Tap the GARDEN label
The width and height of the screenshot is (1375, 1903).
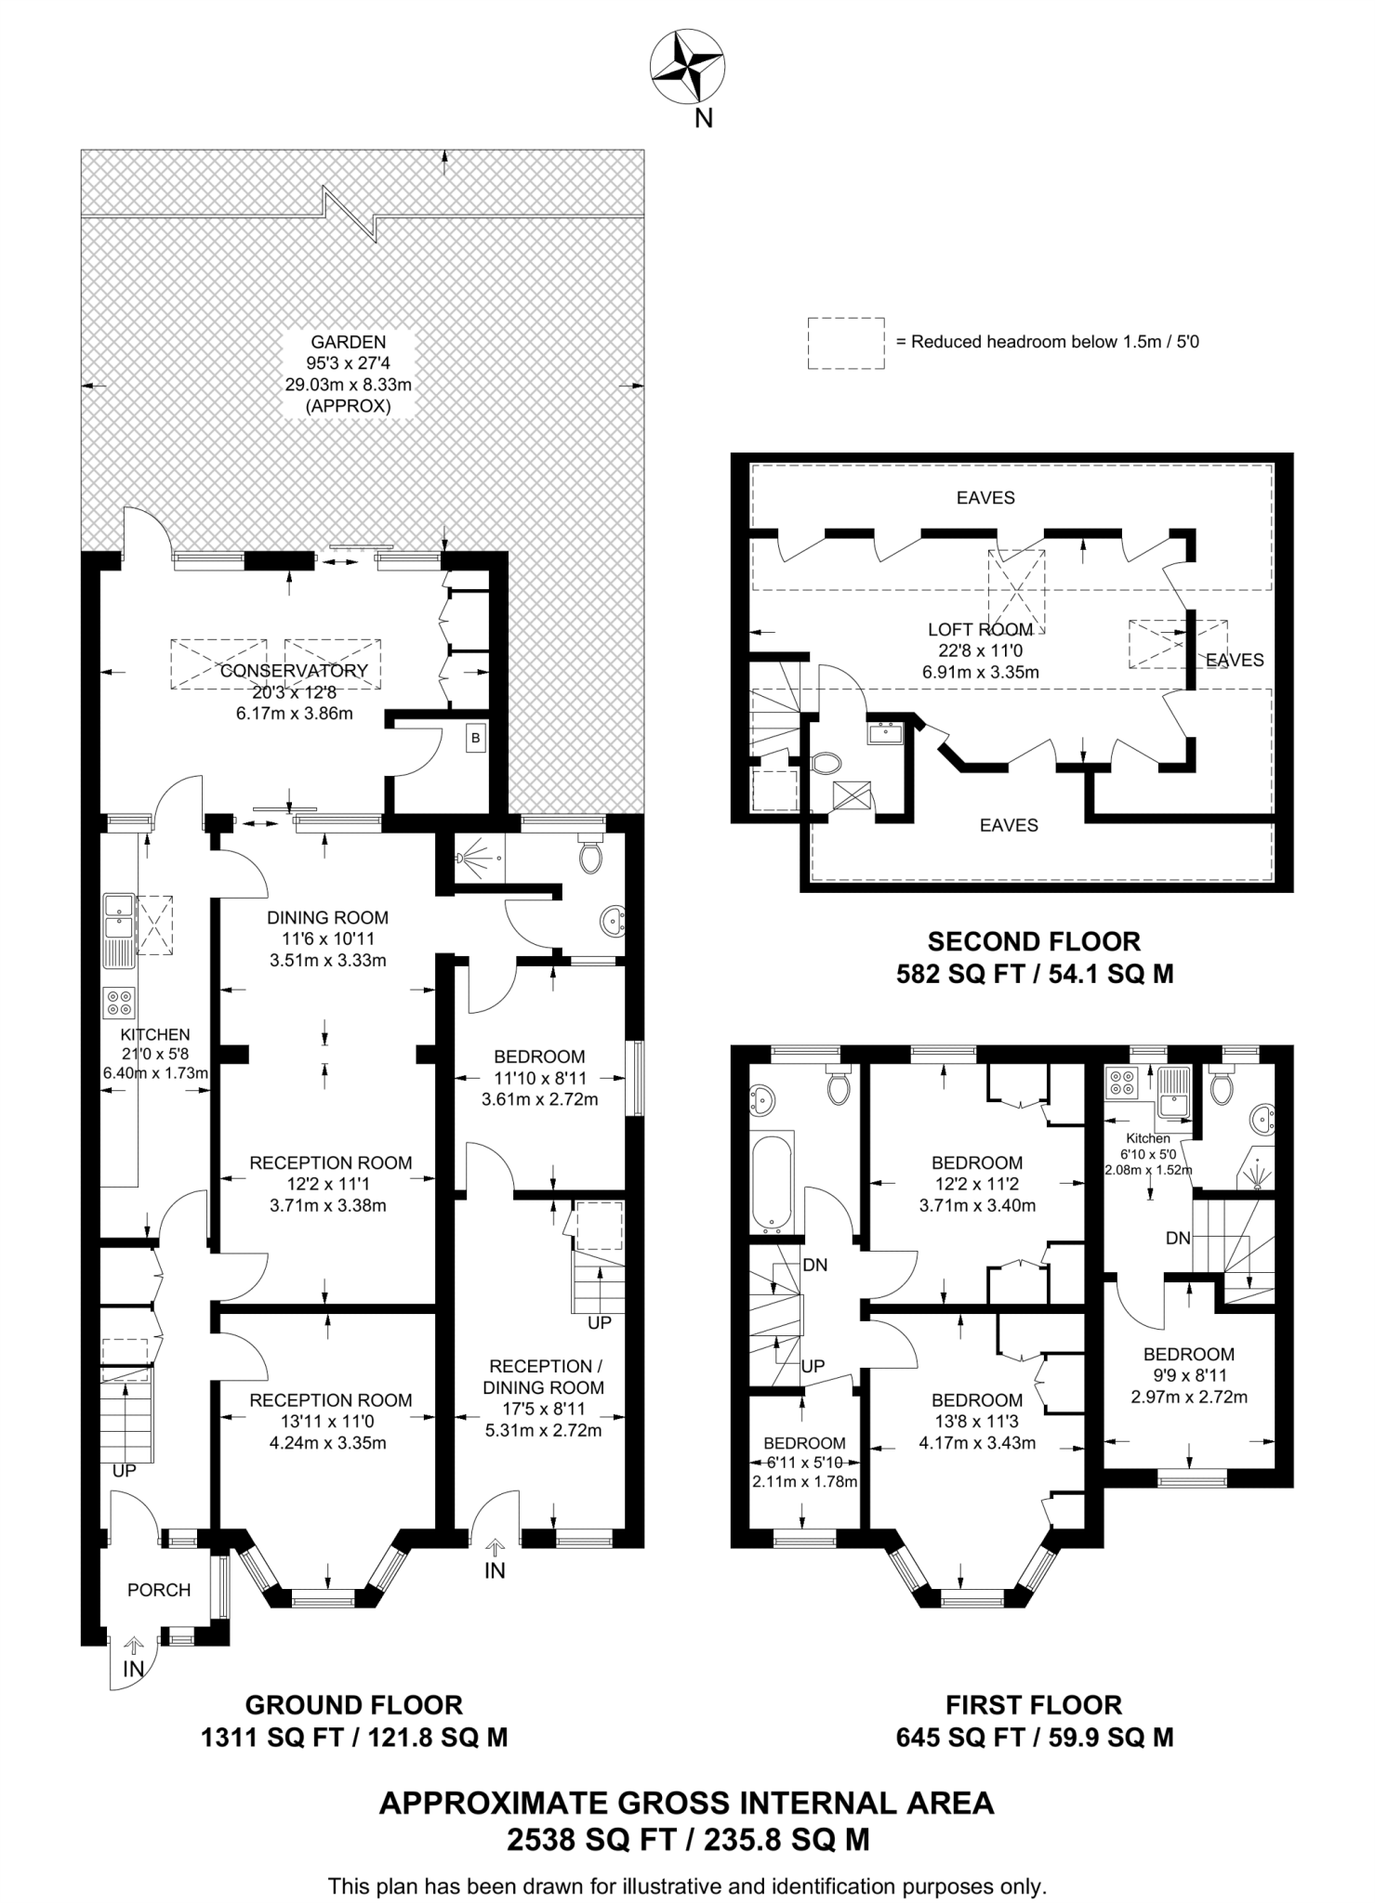(349, 342)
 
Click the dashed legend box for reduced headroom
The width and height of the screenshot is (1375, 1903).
(845, 343)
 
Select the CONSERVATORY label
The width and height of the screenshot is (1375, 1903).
(295, 670)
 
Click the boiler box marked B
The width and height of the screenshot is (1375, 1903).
(476, 739)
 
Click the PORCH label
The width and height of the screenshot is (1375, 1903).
(159, 1590)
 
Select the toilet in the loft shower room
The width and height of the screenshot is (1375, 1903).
(825, 763)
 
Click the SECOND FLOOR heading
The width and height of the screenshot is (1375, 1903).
(1034, 941)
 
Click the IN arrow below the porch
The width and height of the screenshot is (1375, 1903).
(134, 1647)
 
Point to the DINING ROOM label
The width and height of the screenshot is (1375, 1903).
(327, 917)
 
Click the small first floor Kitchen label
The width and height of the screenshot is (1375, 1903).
(1147, 1138)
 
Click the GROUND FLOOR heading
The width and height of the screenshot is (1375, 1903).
(353, 1705)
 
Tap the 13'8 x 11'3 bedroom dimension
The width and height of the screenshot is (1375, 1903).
(976, 1421)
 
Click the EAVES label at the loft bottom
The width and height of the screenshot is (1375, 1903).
(1009, 825)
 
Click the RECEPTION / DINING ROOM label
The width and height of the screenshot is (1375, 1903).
(546, 1377)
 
